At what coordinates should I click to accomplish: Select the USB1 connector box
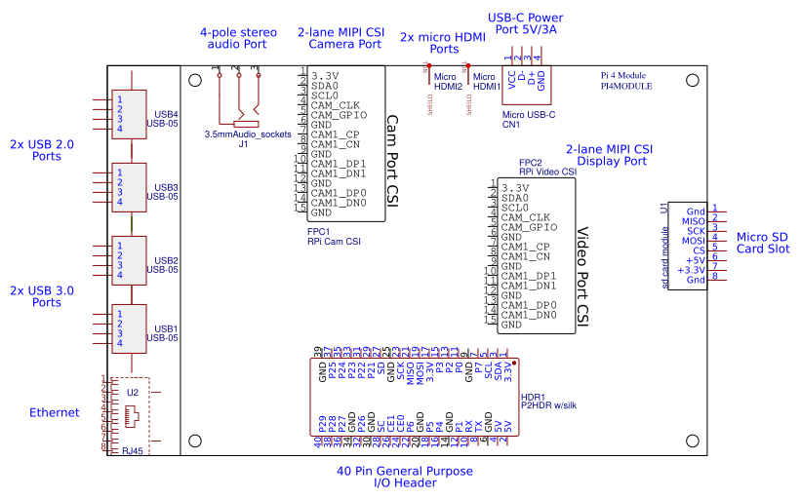pyautogui.click(x=129, y=328)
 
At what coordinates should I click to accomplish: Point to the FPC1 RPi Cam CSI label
pyautogui.click(x=334, y=236)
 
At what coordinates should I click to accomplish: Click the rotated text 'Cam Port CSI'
pyautogui.click(x=392, y=161)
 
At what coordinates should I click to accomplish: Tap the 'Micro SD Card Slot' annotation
pyautogui.click(x=763, y=242)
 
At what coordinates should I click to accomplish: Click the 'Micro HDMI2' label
pyautogui.click(x=448, y=81)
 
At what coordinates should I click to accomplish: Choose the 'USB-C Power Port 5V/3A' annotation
pyautogui.click(x=525, y=23)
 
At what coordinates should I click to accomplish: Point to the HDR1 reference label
pyautogui.click(x=533, y=397)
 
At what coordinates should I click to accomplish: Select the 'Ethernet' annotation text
pyautogui.click(x=55, y=412)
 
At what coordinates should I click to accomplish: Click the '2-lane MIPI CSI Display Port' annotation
pyautogui.click(x=610, y=155)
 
